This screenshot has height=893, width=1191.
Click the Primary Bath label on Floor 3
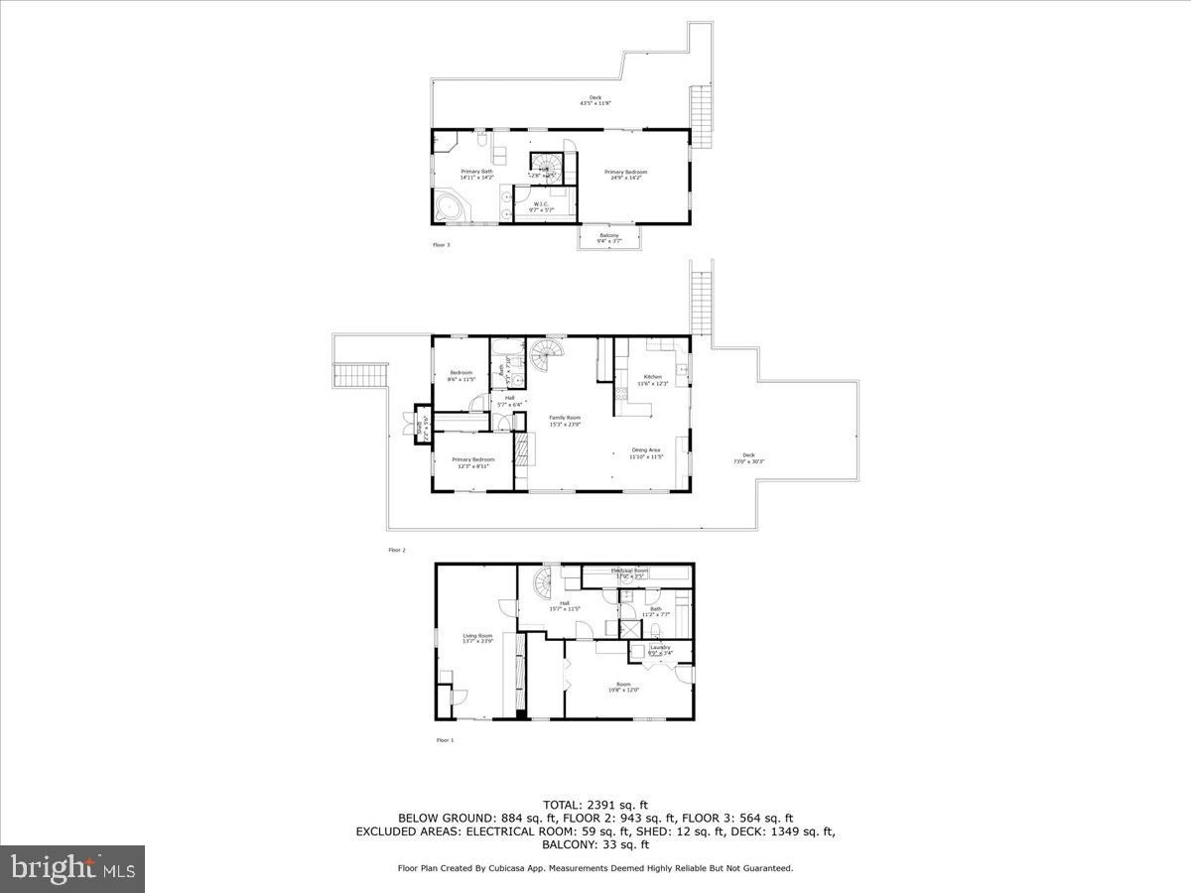point(476,175)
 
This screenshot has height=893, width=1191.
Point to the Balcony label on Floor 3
point(608,238)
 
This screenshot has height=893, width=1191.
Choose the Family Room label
point(566,420)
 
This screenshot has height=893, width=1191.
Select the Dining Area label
point(645,452)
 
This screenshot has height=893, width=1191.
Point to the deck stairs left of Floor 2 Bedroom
point(350,376)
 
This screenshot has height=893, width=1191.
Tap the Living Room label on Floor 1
point(477,638)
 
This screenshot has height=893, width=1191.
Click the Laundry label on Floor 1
point(660,650)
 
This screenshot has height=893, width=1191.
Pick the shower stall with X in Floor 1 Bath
point(629,628)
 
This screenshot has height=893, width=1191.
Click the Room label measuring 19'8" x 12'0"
point(623,687)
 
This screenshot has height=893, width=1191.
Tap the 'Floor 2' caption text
point(397,549)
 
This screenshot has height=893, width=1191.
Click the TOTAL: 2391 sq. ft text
point(595,804)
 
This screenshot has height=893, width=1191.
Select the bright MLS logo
point(72,869)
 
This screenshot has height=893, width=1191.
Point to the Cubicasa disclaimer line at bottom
point(595,868)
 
